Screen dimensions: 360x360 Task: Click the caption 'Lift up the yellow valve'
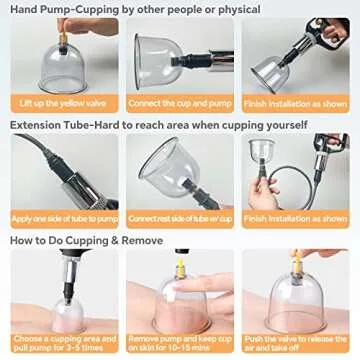point(60,102)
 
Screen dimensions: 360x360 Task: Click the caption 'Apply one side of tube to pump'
point(60,217)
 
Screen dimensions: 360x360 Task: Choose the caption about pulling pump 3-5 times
point(60,342)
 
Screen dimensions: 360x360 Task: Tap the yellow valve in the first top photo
point(72,29)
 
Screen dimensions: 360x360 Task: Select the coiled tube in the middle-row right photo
point(300,190)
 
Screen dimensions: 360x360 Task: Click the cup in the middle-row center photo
point(170,165)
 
